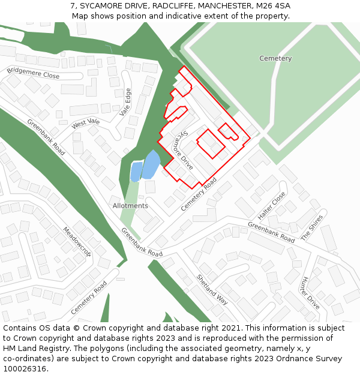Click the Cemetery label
point(275,59)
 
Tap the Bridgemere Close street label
point(34,73)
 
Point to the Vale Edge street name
point(125,102)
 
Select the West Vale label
point(86,124)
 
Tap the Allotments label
point(130,206)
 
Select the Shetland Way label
point(212,289)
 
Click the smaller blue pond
point(136,172)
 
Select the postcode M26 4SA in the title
point(274,6)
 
